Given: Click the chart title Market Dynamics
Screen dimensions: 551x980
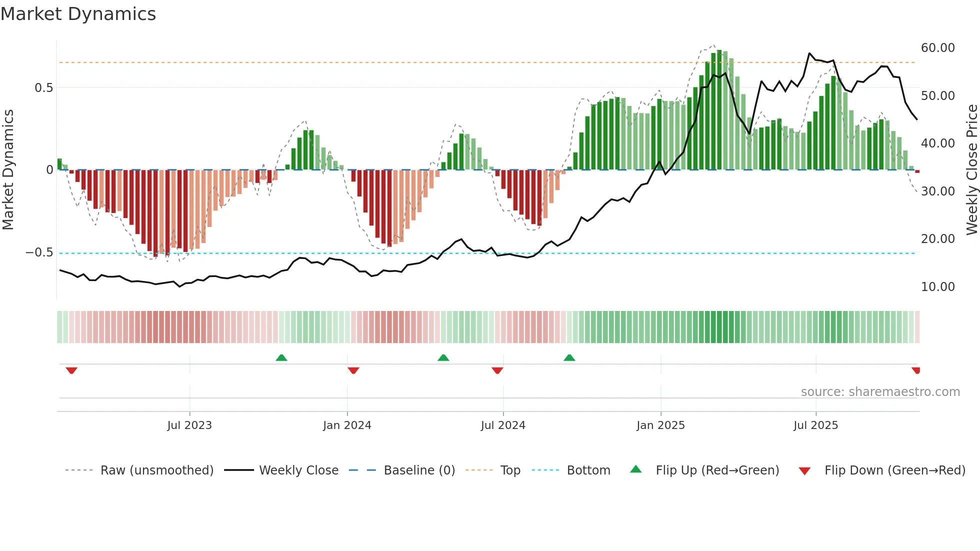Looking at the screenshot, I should point(78,14).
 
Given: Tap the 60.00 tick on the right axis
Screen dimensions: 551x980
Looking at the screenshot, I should point(937,48).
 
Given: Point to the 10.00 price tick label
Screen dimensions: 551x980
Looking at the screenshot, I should point(937,287).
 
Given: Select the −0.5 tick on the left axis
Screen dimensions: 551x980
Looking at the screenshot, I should point(39,252).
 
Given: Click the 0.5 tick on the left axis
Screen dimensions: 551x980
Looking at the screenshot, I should point(43,88).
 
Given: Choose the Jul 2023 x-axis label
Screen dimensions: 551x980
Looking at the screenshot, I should point(189,425).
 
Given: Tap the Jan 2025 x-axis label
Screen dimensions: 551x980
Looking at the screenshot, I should point(660,425).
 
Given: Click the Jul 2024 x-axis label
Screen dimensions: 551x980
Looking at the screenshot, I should point(503,425).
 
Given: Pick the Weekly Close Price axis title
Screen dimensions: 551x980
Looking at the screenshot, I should point(971,170).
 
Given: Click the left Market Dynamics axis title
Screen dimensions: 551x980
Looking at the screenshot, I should point(8,170).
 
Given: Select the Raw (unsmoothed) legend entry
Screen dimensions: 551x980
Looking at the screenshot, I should point(156,470).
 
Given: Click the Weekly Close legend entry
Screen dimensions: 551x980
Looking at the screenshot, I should point(298,470).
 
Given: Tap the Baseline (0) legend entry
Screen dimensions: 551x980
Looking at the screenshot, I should point(419,470).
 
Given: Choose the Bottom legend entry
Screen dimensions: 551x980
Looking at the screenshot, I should point(588,470).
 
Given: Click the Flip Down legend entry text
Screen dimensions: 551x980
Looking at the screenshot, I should point(894,470).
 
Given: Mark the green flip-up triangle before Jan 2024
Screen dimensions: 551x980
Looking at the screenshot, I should point(281,358).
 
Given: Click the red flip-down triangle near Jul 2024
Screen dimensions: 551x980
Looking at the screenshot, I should point(497,370).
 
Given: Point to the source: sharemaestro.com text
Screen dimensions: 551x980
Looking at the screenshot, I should point(880,392).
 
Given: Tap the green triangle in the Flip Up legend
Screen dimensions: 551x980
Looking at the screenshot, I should point(635,469).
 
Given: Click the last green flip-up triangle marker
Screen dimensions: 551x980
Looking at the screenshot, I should point(569,358).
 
